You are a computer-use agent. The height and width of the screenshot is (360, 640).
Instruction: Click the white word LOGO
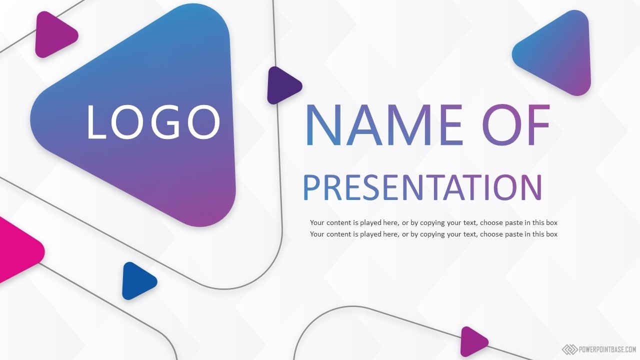[153, 121]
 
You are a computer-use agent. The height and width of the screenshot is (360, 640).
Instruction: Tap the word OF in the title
[516, 125]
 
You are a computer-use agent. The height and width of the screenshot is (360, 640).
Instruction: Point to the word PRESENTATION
[422, 187]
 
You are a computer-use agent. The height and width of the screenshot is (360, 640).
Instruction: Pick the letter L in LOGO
[96, 122]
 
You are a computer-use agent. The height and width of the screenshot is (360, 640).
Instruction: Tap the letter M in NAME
[410, 125]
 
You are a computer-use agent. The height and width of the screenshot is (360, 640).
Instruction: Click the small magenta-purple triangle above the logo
[55, 34]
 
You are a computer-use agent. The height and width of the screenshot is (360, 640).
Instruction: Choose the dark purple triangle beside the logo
[283, 85]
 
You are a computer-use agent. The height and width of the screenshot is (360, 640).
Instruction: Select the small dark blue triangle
[138, 281]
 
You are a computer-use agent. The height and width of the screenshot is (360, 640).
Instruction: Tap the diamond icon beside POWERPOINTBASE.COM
[569, 349]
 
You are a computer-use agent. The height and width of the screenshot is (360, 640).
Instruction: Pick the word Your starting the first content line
[317, 222]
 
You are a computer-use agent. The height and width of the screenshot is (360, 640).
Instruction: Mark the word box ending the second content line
[551, 234]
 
